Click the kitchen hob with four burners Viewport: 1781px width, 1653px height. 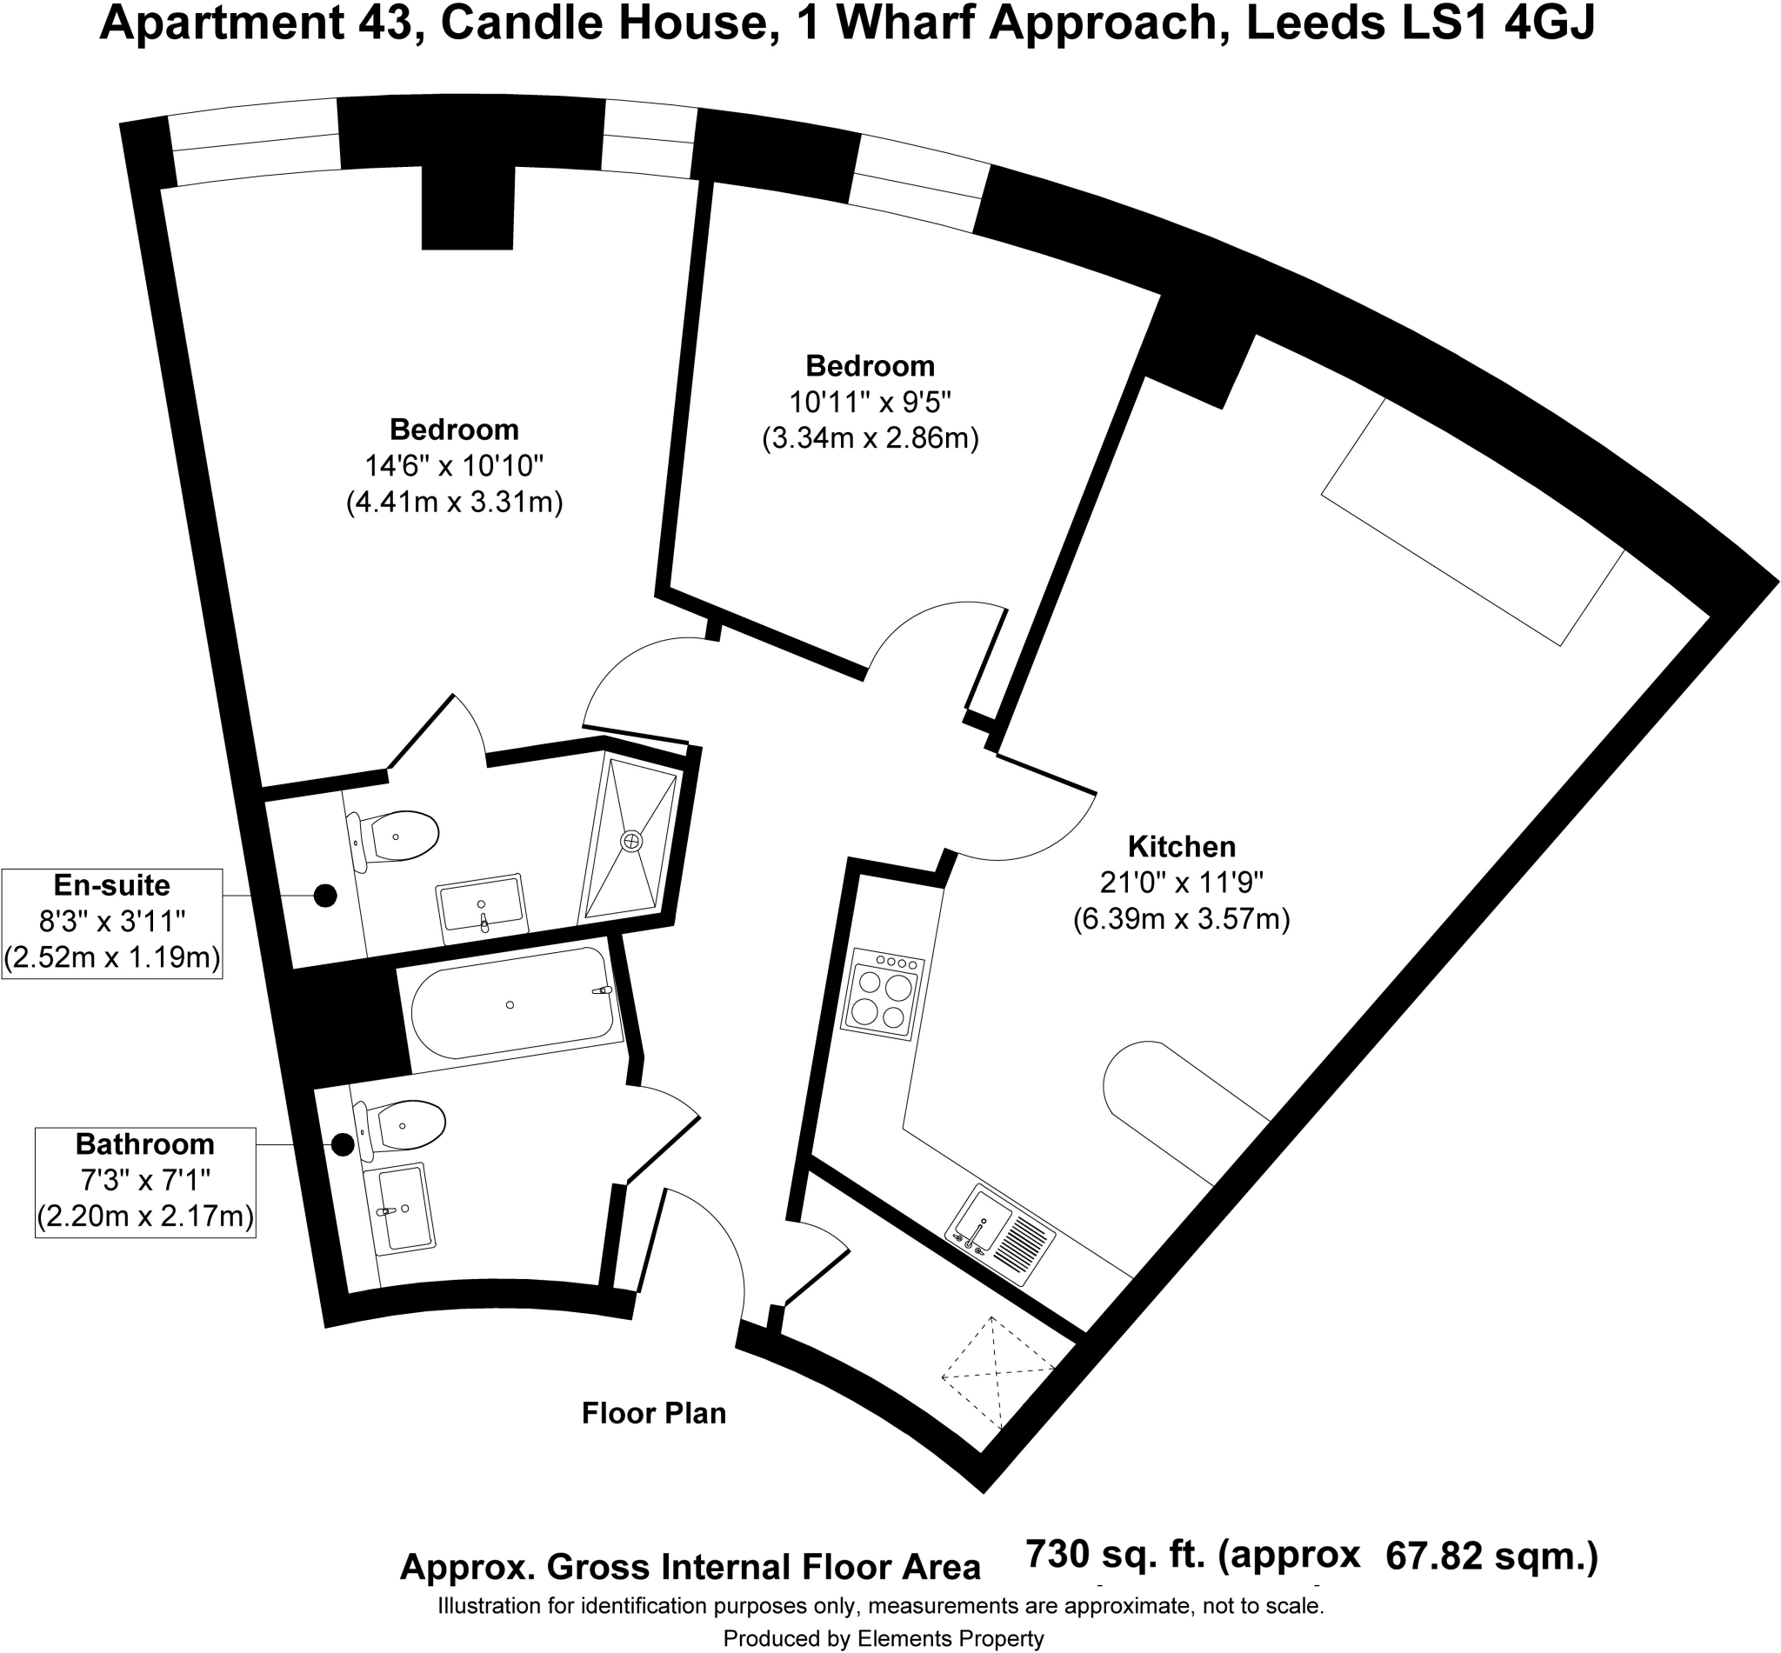point(883,995)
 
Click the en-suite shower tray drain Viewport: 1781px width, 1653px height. point(631,841)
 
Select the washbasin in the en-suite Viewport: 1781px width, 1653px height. point(481,908)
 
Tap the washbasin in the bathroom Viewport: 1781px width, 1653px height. point(400,1207)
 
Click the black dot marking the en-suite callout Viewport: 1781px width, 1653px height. point(324,896)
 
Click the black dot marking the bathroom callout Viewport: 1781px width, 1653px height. point(342,1144)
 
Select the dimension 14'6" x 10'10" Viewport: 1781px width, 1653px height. point(454,466)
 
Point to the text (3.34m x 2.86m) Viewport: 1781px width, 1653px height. point(870,438)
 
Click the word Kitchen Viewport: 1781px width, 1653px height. point(1181,846)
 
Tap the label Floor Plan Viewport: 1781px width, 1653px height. point(653,1412)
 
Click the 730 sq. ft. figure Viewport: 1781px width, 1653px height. point(1116,1555)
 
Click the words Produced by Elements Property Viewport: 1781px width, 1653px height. point(883,1638)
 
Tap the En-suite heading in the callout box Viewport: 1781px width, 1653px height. point(112,884)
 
